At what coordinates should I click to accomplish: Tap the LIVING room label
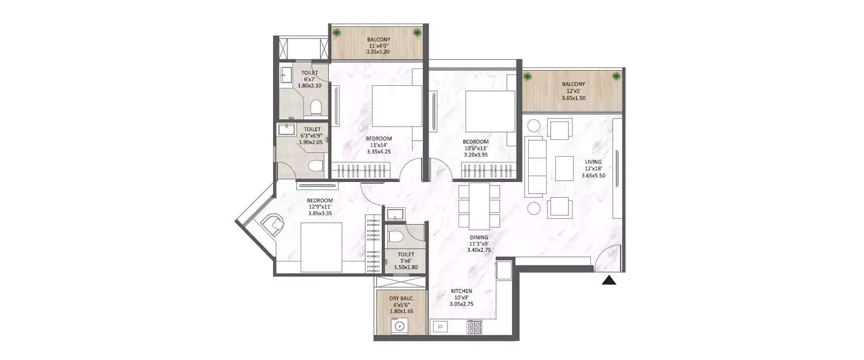point(593,161)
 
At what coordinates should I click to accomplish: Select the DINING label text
point(479,237)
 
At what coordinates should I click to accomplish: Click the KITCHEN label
point(462,291)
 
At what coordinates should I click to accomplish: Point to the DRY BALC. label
point(401,298)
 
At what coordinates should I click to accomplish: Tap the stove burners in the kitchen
point(475,327)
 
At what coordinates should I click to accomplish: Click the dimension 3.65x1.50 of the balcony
point(573,98)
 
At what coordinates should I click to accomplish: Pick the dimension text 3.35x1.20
point(378,52)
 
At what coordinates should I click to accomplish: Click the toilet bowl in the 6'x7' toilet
point(315,107)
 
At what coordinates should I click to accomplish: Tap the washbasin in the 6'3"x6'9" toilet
point(287,129)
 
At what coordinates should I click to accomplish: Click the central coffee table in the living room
point(564,168)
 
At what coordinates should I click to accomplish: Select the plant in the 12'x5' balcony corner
point(617,76)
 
